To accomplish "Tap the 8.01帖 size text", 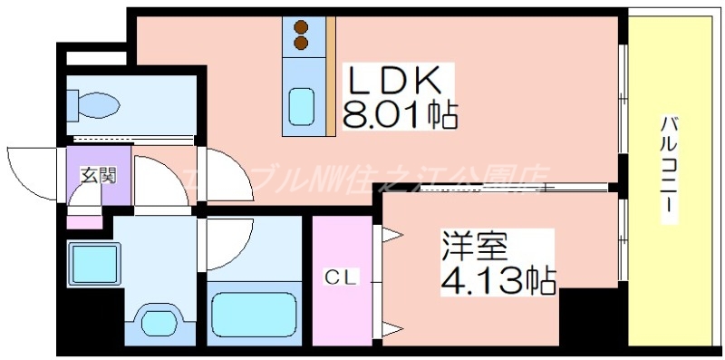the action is [x=399, y=115].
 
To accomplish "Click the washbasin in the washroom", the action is [x=160, y=322].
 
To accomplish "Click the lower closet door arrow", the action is [x=391, y=326].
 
